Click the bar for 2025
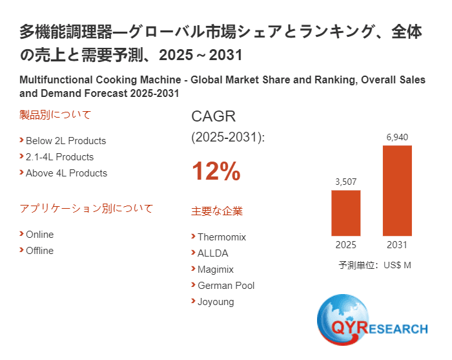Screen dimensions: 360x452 point(345,213)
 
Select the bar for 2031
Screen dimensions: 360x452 point(397,191)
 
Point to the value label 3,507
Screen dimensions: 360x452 point(345,182)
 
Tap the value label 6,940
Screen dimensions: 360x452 point(397,137)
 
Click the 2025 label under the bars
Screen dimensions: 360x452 point(345,245)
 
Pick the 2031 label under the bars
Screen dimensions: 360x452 point(397,245)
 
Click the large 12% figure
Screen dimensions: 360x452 point(216,172)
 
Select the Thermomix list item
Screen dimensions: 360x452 point(221,237)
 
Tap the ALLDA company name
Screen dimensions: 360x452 point(212,253)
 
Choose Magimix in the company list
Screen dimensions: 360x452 point(216,270)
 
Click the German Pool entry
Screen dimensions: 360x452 point(226,286)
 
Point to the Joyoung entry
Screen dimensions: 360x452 point(216,302)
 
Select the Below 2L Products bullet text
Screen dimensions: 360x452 point(65,141)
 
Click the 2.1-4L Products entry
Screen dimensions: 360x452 point(59,157)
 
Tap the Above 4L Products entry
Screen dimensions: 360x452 point(66,173)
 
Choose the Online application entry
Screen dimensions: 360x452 point(39,235)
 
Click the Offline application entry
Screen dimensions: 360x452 point(39,251)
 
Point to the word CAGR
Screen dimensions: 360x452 point(214,117)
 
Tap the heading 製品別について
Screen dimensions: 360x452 point(56,115)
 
